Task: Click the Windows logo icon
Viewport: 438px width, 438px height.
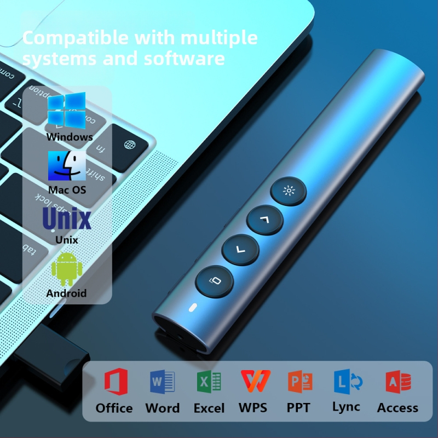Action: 66,111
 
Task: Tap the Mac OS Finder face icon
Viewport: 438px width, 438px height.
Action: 67,166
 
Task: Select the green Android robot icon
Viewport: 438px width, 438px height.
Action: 67,268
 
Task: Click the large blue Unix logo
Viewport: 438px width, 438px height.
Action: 67,218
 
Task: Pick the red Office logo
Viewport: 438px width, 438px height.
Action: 116,382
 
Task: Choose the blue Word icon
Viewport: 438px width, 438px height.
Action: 162,382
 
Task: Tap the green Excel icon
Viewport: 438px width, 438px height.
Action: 209,382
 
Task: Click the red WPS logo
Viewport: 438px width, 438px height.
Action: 256,381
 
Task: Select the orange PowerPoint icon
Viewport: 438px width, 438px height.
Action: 300,382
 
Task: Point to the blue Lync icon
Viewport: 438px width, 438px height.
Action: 348,381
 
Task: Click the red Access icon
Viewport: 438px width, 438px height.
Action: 398,382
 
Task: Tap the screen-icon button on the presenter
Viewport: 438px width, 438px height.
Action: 214,281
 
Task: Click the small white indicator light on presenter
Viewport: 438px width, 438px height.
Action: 193,308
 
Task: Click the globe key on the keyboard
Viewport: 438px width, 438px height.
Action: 130,145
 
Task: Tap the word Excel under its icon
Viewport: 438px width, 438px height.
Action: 209,408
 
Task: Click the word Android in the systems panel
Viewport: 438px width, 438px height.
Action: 66,293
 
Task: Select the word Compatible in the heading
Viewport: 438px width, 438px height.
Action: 75,38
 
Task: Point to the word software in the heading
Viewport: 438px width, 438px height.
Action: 184,59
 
